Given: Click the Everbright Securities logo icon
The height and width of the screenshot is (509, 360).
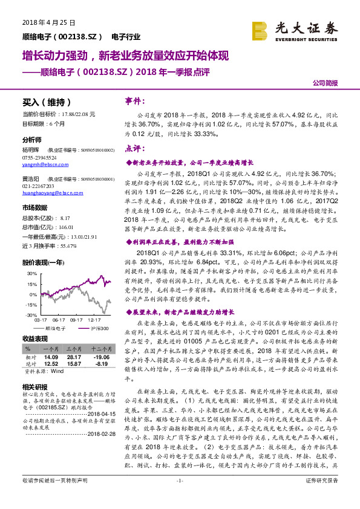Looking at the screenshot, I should pos(260,30).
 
